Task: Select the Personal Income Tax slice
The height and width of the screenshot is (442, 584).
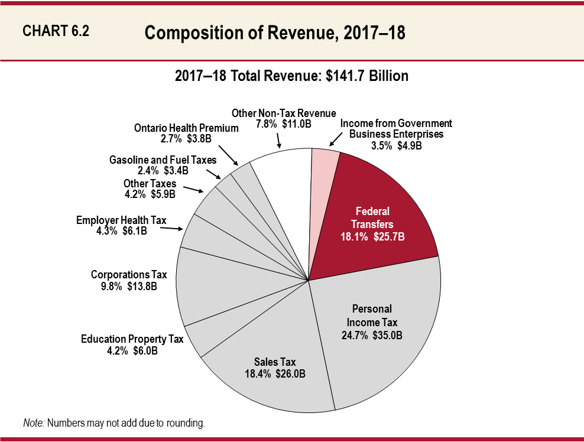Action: pos(378,331)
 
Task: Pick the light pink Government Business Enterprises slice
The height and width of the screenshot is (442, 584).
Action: pos(324,177)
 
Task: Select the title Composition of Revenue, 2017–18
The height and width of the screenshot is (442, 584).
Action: pos(275,33)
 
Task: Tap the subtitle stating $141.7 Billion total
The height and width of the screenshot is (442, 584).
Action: pos(291,76)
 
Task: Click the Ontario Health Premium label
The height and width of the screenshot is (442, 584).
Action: pos(186,128)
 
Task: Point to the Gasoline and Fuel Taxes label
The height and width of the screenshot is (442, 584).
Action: pos(163,160)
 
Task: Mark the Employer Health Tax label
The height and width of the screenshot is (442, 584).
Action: pos(121,220)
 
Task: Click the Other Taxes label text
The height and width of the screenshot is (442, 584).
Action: pos(150,184)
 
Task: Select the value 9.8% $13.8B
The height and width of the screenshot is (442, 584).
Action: pos(128,285)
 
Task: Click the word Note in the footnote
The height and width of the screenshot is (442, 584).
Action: pos(33,423)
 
